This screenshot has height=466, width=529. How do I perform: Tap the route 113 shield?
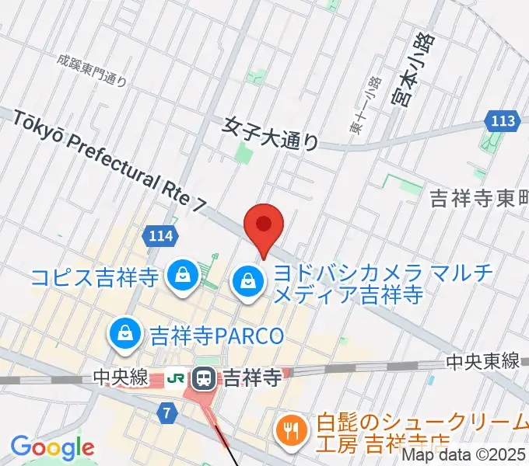pos(503,120)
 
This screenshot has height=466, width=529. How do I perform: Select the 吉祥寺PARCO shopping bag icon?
pos(124,335)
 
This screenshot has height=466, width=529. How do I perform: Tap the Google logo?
pos(52,447)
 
